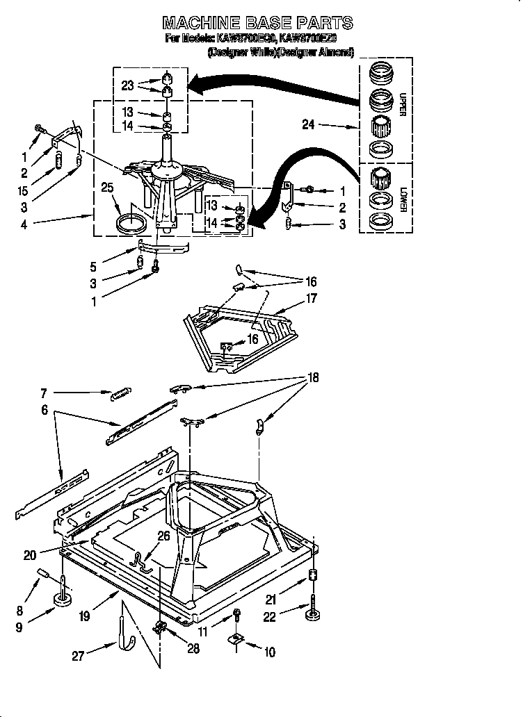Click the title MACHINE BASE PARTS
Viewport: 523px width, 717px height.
[x=257, y=23]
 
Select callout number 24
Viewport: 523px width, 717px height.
[x=308, y=125]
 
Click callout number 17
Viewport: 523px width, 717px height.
[x=311, y=299]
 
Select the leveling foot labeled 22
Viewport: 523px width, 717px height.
[x=312, y=610]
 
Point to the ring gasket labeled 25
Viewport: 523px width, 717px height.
[x=131, y=224]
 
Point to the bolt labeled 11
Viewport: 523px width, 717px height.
[x=237, y=613]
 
